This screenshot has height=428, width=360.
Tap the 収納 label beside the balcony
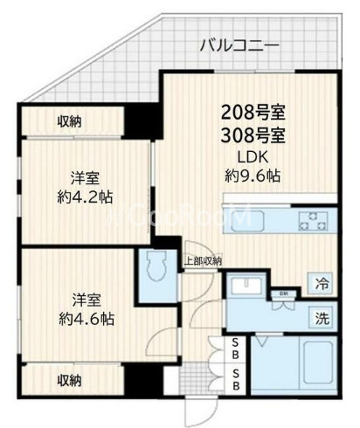71,121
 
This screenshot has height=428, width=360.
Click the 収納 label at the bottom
71,380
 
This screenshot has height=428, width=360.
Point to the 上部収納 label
202,260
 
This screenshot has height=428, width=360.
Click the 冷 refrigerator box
322,283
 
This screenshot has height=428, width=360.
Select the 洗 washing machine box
322,316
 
